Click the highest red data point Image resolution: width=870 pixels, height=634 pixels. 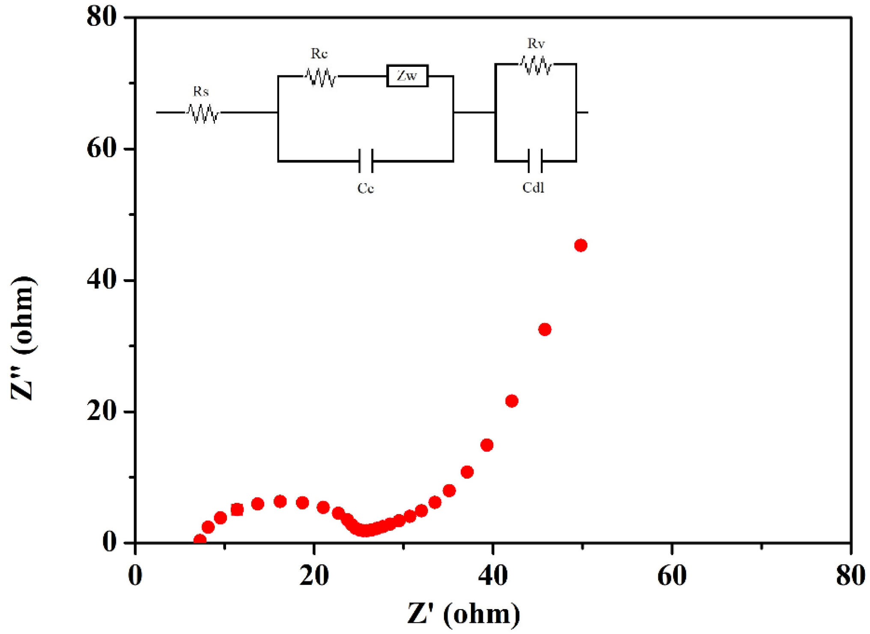[581, 245]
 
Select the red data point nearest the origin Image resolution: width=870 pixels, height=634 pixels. [200, 540]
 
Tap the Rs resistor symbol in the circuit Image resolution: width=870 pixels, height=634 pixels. [203, 113]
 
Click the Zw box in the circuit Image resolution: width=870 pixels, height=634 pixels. [407, 76]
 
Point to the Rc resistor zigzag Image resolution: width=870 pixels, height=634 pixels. [321, 77]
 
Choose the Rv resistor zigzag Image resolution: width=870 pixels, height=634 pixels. [536, 65]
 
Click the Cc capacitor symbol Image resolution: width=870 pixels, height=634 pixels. [366, 161]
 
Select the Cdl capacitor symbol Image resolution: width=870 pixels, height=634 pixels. [535, 161]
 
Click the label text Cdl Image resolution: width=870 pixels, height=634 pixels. [533, 188]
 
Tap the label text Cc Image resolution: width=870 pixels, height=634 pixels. [366, 188]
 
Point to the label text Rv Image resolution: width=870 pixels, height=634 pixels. [536, 43]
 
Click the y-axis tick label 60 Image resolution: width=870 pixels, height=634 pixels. [101, 149]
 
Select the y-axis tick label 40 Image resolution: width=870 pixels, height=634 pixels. [101, 280]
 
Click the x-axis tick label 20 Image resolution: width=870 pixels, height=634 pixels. [314, 576]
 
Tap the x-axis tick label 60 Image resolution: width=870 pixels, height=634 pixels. [672, 576]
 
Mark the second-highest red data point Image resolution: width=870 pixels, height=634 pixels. [545, 329]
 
